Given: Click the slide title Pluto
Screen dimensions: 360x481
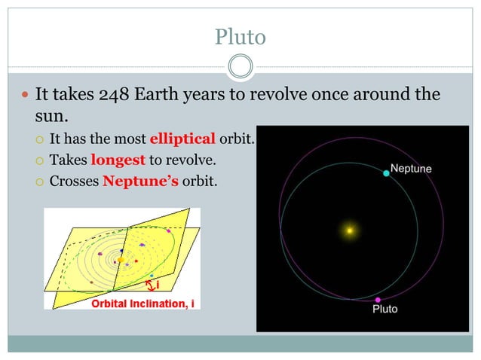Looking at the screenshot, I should tap(240, 35).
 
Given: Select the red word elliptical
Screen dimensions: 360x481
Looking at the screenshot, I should tap(182, 139).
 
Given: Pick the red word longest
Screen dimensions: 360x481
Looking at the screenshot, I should tap(118, 160).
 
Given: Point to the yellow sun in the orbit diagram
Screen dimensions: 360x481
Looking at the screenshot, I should tap(350, 230).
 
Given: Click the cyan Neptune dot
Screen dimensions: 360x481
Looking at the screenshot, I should tap(386, 173).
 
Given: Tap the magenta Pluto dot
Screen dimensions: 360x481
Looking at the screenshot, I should tap(378, 300).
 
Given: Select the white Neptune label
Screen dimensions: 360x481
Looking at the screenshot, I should tap(411, 169).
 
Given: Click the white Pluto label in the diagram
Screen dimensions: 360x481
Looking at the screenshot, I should tap(384, 310).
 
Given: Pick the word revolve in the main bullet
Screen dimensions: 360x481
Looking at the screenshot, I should tap(284, 96).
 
